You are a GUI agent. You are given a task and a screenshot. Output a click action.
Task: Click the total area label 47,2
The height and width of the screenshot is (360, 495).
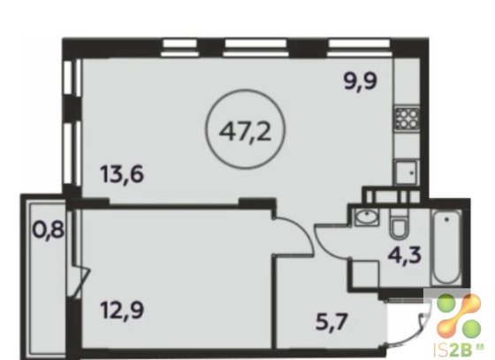[x=246, y=132]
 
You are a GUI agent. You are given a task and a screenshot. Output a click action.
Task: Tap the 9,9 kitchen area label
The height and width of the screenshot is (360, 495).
[x=361, y=81]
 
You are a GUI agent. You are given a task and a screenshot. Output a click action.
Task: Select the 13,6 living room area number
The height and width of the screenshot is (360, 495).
[x=123, y=174]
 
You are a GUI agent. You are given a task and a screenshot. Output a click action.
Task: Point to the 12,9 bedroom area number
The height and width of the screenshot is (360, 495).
[x=123, y=310]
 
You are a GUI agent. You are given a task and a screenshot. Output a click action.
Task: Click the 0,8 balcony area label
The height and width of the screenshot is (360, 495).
[x=49, y=230]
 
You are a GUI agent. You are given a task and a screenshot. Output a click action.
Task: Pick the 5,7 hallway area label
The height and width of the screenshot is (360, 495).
[x=332, y=323]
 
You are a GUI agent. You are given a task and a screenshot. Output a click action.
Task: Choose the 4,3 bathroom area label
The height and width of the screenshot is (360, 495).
[x=405, y=255]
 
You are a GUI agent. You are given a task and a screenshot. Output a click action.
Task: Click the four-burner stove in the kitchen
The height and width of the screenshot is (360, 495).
[x=407, y=119]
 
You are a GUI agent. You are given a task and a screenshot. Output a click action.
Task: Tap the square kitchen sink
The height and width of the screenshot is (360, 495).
[x=407, y=172]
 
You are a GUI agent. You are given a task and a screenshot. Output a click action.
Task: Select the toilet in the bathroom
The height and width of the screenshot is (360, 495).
[x=399, y=224]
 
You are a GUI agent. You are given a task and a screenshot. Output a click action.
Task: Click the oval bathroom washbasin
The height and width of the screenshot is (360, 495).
[x=367, y=217]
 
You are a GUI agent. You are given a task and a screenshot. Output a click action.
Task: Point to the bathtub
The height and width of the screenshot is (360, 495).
[x=446, y=248]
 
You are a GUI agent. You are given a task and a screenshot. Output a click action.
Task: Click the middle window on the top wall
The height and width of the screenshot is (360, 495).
[x=255, y=48]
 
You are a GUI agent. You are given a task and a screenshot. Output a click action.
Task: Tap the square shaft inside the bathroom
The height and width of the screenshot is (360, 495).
[x=365, y=273]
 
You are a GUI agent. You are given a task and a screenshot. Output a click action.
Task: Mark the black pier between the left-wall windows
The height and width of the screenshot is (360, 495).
[x=72, y=110]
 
